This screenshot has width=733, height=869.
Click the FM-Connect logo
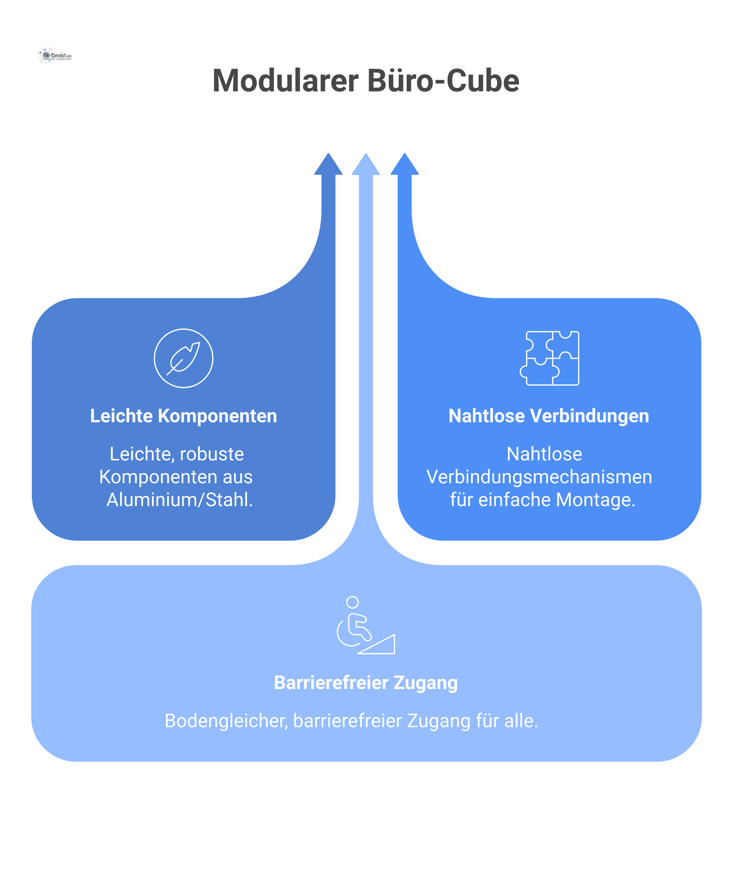tap(55, 56)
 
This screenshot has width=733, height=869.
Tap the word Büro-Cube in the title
tap(443, 81)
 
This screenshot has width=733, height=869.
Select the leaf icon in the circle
tap(183, 358)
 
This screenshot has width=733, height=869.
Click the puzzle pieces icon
tap(549, 358)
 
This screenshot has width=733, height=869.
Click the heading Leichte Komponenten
tap(183, 416)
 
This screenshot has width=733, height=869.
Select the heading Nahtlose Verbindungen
tap(548, 416)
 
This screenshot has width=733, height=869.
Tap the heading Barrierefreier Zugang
tap(366, 683)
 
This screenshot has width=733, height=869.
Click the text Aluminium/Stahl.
tap(179, 500)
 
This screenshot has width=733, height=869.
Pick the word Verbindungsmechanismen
tap(539, 477)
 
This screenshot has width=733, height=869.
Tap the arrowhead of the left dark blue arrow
tap(328, 165)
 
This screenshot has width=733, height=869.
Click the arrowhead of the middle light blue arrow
tap(366, 165)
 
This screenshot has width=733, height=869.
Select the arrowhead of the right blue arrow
tap(405, 165)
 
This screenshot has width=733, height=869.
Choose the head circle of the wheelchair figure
tap(352, 602)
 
